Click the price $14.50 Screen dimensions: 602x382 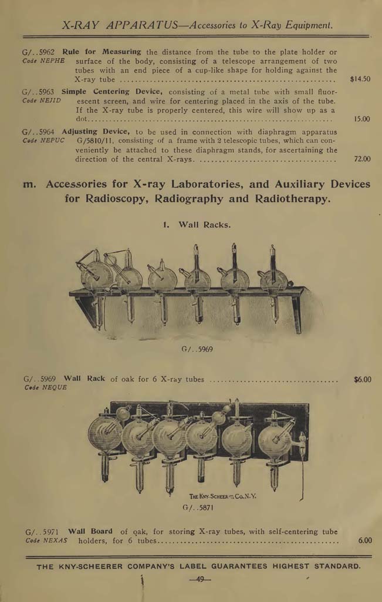[360, 79]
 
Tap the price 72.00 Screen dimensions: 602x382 [362, 159]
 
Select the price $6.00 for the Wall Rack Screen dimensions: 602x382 [362, 379]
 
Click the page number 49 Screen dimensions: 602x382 [200, 580]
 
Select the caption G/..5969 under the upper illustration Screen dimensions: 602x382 [197, 349]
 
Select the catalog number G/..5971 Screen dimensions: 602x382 [42, 531]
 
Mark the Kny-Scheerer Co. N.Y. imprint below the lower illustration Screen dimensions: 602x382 [222, 496]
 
